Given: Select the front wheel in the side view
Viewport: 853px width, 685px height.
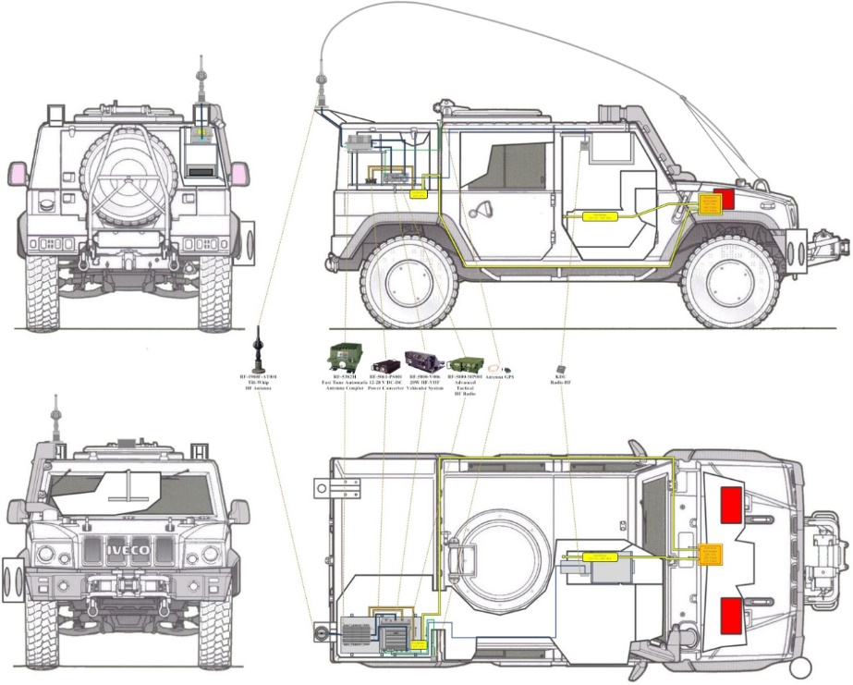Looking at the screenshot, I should point(730,281).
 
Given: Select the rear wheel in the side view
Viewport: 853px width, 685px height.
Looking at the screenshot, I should point(408,281).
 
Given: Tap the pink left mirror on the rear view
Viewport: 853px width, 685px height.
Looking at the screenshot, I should point(18,172).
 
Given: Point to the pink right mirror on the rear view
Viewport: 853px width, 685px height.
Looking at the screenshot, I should point(240,172).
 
